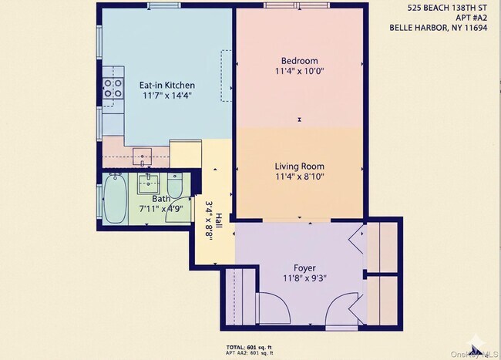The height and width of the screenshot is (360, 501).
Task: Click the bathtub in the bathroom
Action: pyautogui.click(x=115, y=200)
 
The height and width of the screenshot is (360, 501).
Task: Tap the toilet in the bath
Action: pyautogui.click(x=175, y=187)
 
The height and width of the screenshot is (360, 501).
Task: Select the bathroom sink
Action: pyautogui.click(x=148, y=183)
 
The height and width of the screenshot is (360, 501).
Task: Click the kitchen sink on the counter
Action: pyautogui.click(x=143, y=157)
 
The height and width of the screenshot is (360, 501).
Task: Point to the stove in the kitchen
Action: pyautogui.click(x=114, y=89)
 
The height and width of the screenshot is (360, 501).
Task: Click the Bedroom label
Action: pyautogui.click(x=299, y=61)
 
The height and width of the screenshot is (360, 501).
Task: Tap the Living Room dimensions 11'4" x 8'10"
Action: pyautogui.click(x=299, y=177)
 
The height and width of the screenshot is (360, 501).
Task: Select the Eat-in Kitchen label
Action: pyautogui.click(x=166, y=85)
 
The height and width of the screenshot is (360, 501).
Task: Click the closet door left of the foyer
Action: pyautogui.click(x=271, y=311)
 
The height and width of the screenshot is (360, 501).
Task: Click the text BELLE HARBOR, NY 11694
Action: pyautogui.click(x=443, y=31)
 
